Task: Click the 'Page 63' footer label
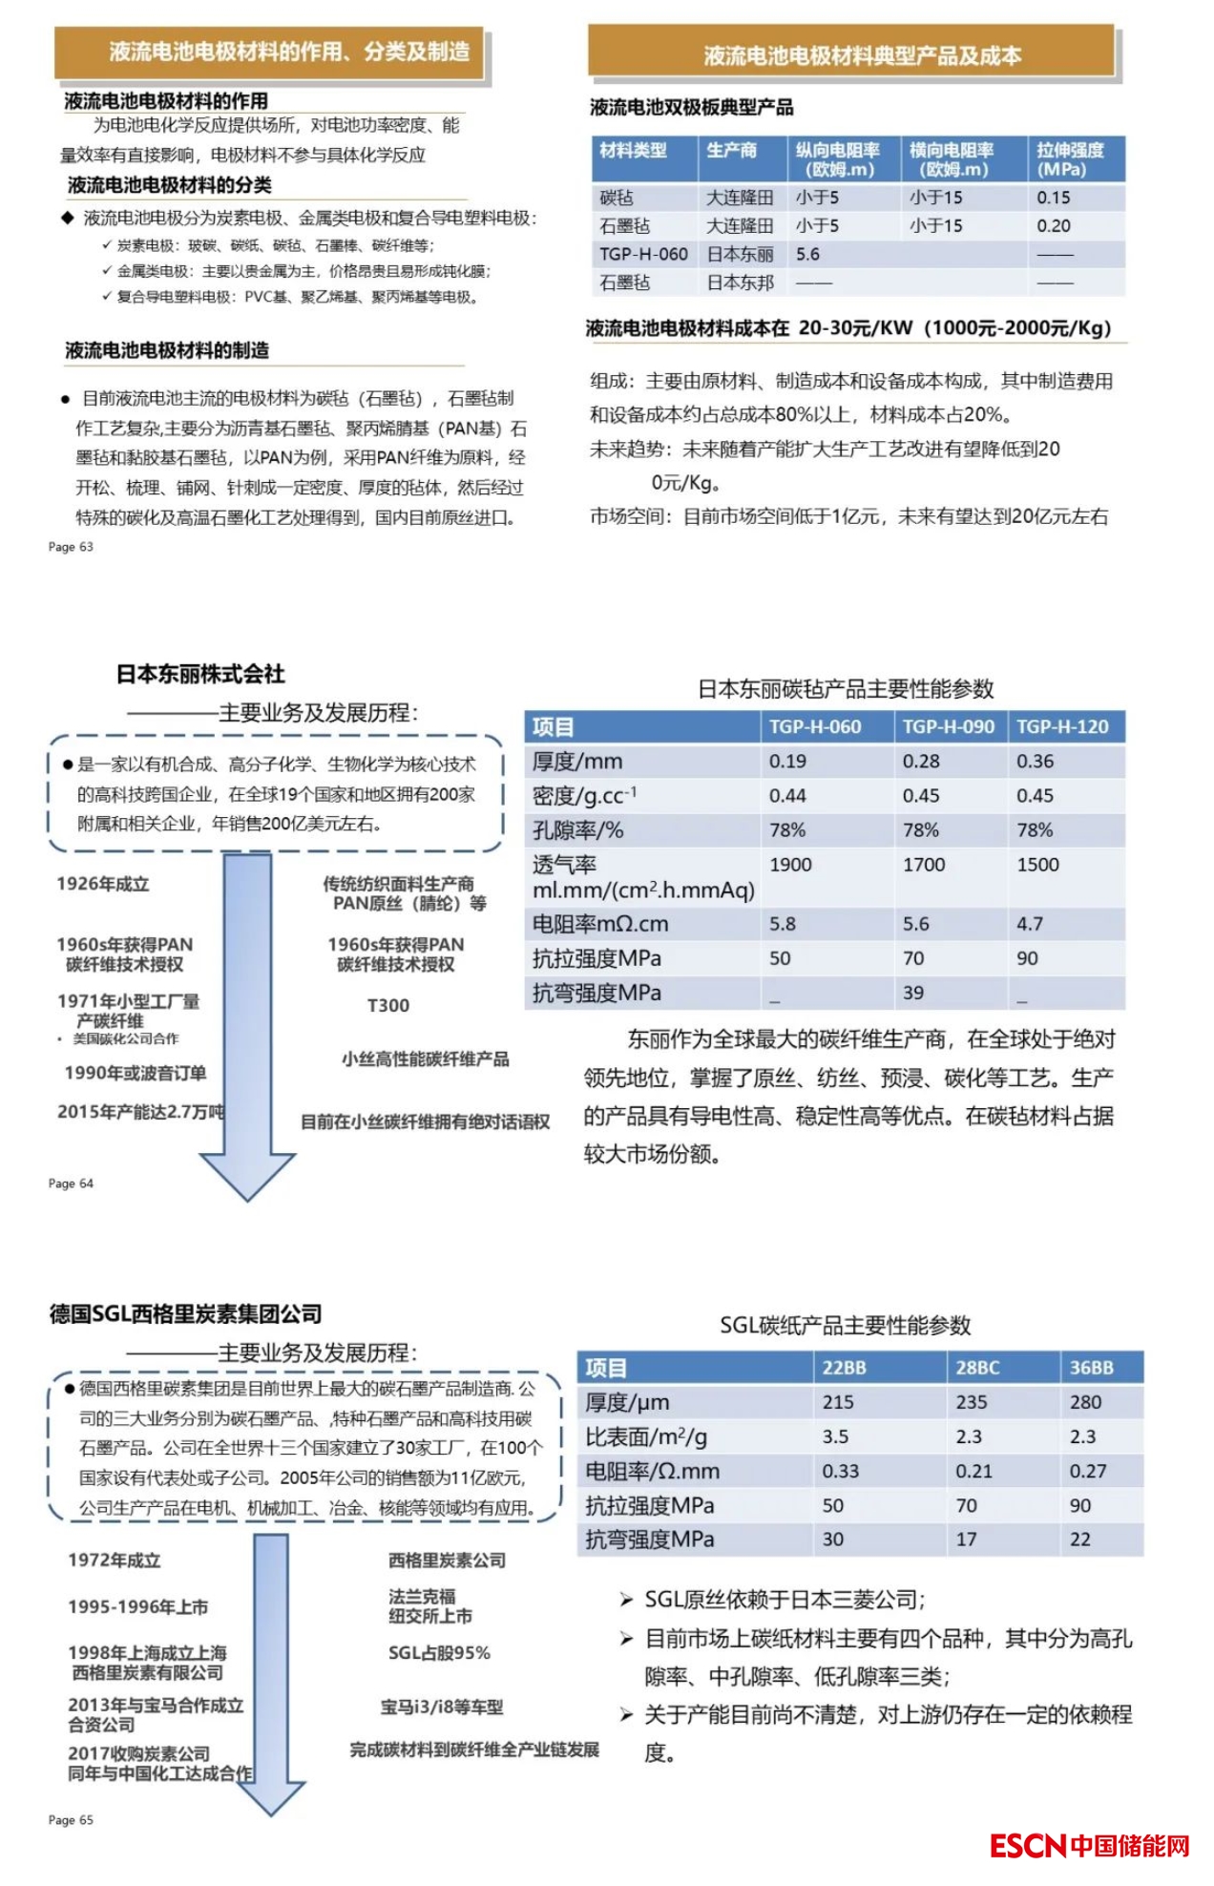pos(71,547)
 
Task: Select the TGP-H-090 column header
pos(948,726)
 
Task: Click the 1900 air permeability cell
pos(790,865)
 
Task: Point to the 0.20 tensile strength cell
pos(1054,226)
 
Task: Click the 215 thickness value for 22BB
pos(838,1402)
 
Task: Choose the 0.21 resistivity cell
pos(973,1471)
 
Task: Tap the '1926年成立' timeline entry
pos(103,884)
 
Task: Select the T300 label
pos(387,1005)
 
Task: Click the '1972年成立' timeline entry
pos(114,1561)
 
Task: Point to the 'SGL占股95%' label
pos(439,1653)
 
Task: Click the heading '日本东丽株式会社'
pos(200,674)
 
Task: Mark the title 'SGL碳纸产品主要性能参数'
pos(845,1325)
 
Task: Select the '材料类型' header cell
pos(633,151)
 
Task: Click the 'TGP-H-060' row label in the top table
pos(643,255)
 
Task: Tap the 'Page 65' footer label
pos(71,1820)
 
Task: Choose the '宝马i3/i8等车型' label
pos(441,1707)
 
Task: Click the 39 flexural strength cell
pos(913,993)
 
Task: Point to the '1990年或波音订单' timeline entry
pos(135,1073)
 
